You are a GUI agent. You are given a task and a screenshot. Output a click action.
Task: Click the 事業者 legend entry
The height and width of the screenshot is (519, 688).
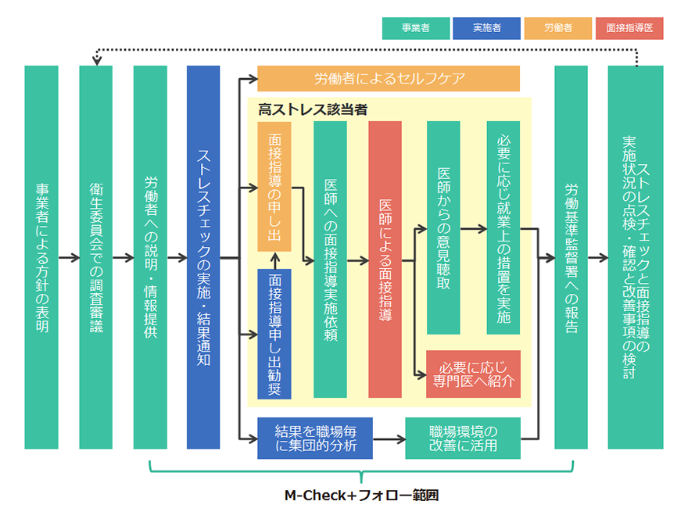coord(416,28)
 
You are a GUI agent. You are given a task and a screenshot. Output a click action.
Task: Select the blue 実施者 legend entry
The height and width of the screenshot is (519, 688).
coord(486,28)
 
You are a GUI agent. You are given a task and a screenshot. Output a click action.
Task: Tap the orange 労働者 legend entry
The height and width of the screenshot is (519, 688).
coord(557,28)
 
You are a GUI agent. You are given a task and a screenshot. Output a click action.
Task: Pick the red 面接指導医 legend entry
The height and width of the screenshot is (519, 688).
coord(629,28)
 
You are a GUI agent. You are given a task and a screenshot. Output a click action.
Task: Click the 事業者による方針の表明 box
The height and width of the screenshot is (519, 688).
coord(41,257)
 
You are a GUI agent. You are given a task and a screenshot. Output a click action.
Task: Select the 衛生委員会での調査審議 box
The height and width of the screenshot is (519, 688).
coord(96,257)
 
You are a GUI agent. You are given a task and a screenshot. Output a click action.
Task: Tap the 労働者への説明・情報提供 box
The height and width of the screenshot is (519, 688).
coord(150,257)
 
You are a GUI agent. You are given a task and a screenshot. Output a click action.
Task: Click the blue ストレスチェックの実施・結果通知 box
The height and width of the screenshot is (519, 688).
coord(203,257)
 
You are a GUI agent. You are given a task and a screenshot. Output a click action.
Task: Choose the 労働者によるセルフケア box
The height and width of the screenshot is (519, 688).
coord(389,79)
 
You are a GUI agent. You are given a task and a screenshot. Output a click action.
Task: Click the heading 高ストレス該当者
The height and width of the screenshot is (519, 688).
coord(313,109)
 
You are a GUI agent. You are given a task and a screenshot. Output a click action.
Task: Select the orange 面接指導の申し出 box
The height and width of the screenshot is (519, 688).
coord(274,185)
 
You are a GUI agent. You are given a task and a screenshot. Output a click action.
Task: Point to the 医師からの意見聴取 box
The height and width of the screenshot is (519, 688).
coord(443,227)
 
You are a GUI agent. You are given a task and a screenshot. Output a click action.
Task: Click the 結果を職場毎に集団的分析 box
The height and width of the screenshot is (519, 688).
coord(315,438)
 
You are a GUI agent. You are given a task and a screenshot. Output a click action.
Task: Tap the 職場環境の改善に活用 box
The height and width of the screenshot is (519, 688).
coord(463,438)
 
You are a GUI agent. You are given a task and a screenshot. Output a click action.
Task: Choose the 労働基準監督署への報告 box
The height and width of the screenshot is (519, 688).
coord(571,257)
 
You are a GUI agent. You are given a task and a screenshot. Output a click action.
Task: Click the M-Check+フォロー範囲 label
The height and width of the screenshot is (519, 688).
coord(360,495)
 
